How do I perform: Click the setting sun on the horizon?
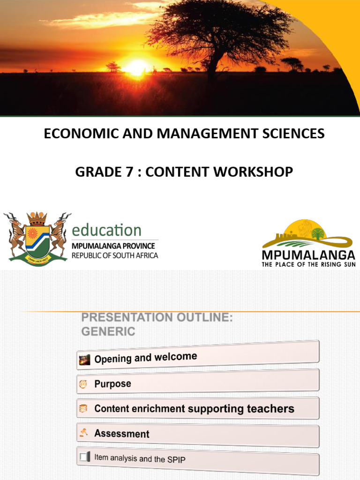[136, 67]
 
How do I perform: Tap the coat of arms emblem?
[37, 238]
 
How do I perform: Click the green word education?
[106, 230]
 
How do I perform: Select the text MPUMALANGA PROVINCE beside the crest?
[113, 246]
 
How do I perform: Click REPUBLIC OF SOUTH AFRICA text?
[115, 255]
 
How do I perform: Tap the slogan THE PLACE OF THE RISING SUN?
[308, 264]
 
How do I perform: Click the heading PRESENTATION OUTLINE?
[157, 317]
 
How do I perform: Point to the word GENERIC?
[108, 331]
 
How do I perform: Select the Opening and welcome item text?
[145, 358]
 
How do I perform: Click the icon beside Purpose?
[83, 384]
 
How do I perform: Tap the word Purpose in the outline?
[112, 384]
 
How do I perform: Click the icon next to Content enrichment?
[83, 409]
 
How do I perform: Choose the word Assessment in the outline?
[122, 434]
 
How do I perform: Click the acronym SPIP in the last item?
[176, 459]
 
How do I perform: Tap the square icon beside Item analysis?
[84, 456]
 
